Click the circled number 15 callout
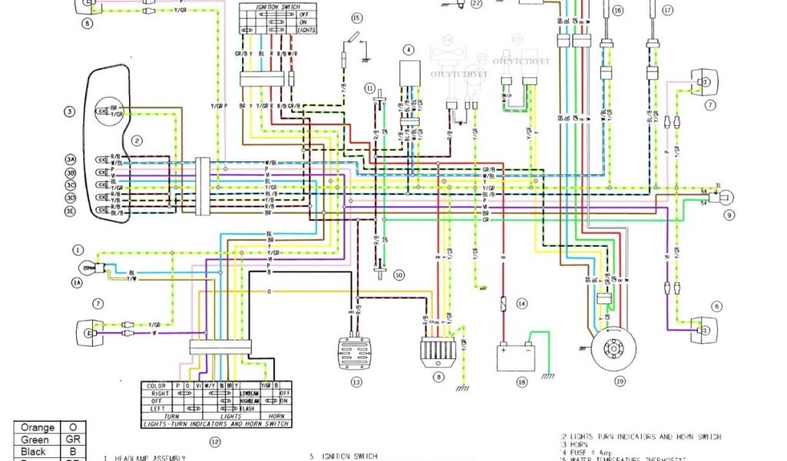tap(355, 17)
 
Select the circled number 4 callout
tap(409, 50)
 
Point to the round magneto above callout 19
tap(614, 350)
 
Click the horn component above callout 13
tap(356, 354)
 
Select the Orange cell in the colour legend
tap(37, 427)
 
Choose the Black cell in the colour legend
tap(37, 453)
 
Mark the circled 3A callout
tap(71, 159)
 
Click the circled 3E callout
tap(71, 211)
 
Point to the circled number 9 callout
tap(729, 214)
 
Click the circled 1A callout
tap(77, 284)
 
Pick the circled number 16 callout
tap(617, 11)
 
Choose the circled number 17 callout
tap(667, 11)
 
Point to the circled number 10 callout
tap(398, 274)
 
